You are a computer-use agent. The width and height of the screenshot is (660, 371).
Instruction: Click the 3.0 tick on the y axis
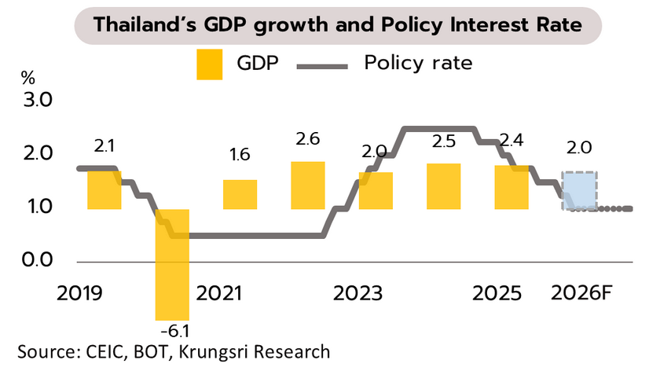pyautogui.click(x=37, y=101)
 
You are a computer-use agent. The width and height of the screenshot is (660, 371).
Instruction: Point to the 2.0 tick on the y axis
pyautogui.click(x=37, y=153)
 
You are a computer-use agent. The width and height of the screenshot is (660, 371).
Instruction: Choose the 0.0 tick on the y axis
pyautogui.click(x=37, y=260)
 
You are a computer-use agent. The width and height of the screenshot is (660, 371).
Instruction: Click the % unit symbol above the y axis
pyautogui.click(x=28, y=78)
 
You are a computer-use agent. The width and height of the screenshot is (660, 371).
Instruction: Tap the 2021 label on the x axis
pyautogui.click(x=219, y=294)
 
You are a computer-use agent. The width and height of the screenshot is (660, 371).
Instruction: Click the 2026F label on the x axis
pyautogui.click(x=583, y=294)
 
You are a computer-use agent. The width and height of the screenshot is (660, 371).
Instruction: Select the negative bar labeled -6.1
pyautogui.click(x=172, y=263)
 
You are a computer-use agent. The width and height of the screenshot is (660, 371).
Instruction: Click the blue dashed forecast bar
pyautogui.click(x=580, y=190)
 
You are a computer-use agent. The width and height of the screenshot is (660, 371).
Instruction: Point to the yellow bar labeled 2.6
pyautogui.click(x=308, y=185)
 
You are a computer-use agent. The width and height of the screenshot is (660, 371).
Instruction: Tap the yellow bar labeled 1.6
pyautogui.click(x=240, y=194)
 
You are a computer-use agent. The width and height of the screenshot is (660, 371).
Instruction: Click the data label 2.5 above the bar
pyautogui.click(x=444, y=142)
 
